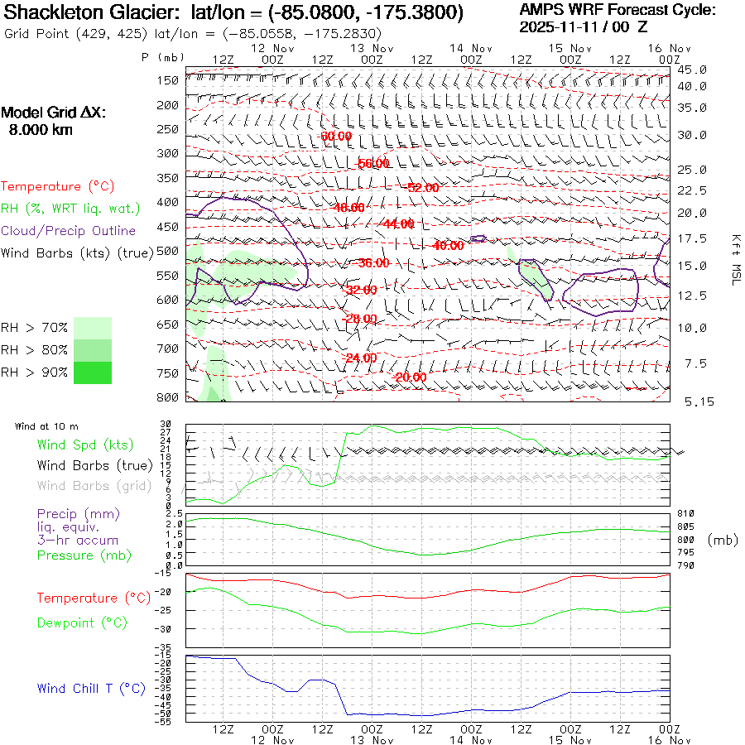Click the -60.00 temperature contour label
tap(335, 136)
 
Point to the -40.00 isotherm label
tap(448, 246)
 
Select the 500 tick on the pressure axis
tap(168, 251)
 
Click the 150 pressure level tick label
tap(168, 80)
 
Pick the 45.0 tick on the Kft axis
tap(692, 70)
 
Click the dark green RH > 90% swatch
tap(93, 372)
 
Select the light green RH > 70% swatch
tap(93, 328)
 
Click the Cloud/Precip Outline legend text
tap(69, 231)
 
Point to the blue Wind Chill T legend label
tap(90, 689)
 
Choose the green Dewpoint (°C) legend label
tap(82, 622)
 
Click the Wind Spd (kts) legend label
tap(84, 445)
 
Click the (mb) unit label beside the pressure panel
tap(722, 540)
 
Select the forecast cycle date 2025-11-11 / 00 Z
tap(596, 26)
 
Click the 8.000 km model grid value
tap(41, 130)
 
